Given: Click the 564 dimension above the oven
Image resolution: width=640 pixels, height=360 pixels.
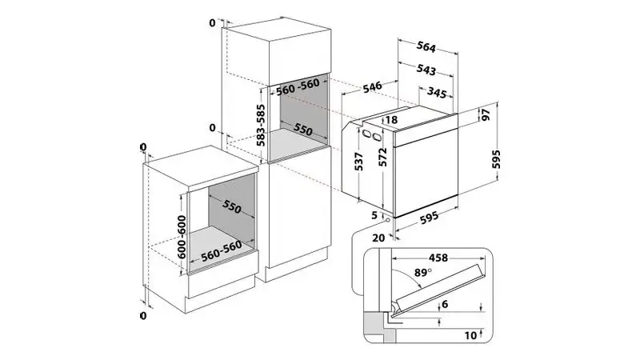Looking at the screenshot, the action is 426,47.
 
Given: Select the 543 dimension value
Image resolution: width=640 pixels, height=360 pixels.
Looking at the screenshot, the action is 426,70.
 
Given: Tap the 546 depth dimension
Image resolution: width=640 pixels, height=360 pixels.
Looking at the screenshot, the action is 372,87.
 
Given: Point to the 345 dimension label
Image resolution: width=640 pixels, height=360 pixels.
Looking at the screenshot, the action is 437,93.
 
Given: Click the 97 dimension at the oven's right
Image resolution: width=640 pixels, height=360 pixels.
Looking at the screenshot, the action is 486,114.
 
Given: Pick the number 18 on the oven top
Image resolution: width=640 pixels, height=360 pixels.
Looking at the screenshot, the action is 390,119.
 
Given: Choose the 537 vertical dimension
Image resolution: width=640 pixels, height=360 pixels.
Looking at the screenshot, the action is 358,162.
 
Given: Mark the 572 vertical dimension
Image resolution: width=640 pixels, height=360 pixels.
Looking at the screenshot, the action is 382,157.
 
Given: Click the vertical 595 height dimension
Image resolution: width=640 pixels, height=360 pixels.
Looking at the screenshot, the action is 495,159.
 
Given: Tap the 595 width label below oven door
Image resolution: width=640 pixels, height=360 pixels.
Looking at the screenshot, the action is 429,217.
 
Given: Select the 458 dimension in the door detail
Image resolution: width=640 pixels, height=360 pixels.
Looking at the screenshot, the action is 438,258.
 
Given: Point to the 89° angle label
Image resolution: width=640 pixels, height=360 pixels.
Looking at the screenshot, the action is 423,272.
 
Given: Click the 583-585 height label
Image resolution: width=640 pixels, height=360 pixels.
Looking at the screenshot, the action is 261,126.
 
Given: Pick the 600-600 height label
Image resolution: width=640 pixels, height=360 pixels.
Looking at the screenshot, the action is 182,237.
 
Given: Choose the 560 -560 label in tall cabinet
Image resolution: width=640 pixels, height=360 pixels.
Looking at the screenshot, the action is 298,87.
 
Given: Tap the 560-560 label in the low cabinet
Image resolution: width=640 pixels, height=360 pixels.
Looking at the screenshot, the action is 222,250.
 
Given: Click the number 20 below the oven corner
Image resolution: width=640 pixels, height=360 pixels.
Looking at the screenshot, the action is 378,238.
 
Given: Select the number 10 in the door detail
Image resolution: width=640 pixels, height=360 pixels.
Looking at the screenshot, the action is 470,335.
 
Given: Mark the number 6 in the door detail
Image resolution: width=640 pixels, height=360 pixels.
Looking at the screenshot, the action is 445,304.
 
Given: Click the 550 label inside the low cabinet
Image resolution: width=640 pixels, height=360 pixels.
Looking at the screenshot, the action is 232,207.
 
